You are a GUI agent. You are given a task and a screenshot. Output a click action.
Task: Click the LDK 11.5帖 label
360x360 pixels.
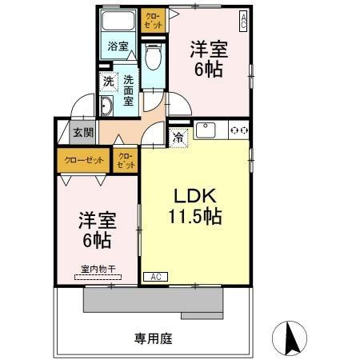[194, 206]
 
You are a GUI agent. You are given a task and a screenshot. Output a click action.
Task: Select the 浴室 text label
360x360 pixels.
[118, 46]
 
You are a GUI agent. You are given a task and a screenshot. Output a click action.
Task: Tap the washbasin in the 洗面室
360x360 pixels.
[107, 107]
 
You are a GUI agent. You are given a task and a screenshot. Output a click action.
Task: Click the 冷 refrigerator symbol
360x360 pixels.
[179, 137]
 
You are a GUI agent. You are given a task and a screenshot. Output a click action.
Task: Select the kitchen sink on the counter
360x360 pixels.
[205, 129]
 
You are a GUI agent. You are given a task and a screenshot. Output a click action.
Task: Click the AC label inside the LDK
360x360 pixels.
[156, 277]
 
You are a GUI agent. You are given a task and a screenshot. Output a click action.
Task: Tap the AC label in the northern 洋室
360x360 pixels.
[243, 17]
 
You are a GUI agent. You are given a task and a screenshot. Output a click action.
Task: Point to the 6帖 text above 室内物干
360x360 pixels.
[94, 238]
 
